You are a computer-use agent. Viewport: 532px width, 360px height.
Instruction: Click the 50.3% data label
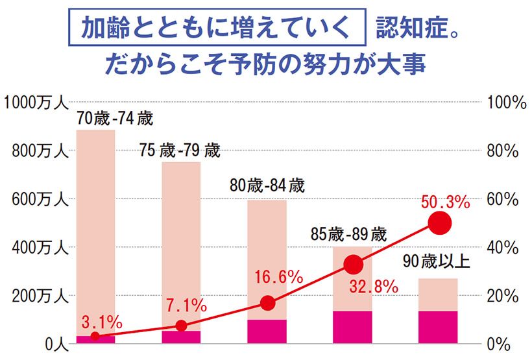[x=444, y=203]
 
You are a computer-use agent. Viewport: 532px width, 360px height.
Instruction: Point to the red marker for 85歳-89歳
[x=353, y=264]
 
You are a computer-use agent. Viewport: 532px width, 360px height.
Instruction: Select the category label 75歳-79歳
[x=180, y=152]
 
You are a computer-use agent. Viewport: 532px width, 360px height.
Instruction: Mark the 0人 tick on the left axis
[x=53, y=344]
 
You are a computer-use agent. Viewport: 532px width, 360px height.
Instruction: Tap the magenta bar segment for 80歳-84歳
[x=267, y=331]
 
